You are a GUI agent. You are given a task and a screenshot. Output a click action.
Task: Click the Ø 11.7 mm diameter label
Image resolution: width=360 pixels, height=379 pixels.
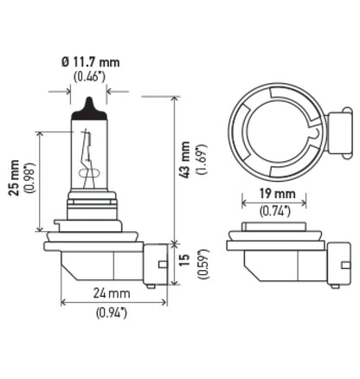tap(89, 63)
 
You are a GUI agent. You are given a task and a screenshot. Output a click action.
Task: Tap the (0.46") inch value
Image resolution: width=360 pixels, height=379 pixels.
tap(89, 77)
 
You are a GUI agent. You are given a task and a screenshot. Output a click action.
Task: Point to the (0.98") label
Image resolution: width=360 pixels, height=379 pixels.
tap(31, 180)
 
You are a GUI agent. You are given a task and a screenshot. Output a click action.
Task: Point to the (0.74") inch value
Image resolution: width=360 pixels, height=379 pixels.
tap(275, 209)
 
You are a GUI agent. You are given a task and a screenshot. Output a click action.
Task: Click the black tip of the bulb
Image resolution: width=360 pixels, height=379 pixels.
tap(89, 108)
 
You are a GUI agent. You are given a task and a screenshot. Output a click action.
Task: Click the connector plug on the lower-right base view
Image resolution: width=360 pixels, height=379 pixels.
tap(339, 262)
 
